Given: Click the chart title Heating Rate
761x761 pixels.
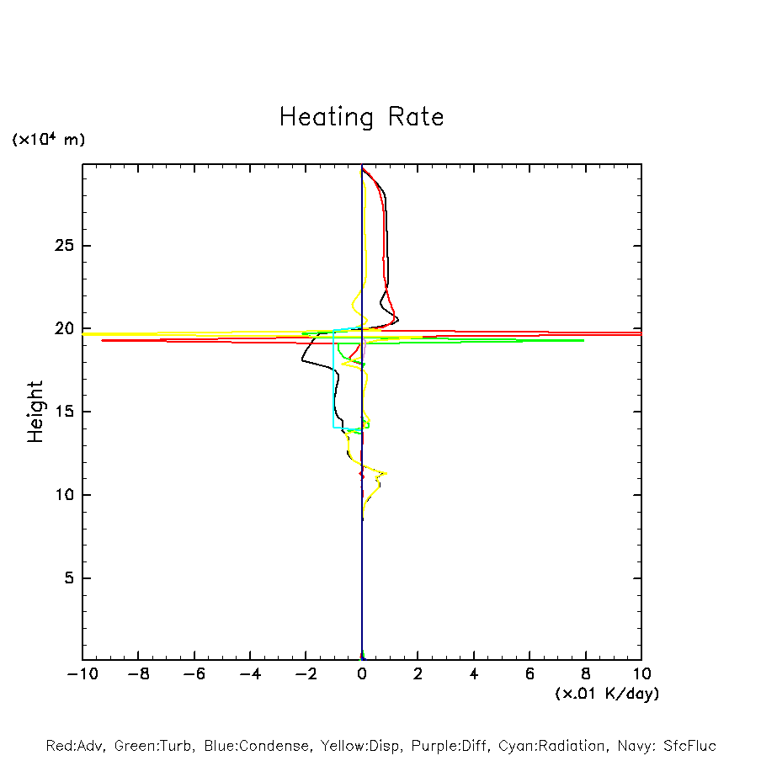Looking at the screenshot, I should pos(361,117).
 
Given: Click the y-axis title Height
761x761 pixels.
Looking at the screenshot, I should pos(35,412).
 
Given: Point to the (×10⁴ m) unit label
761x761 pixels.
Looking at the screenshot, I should pos(48,140).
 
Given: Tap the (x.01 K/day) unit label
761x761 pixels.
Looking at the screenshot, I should pos(606,694).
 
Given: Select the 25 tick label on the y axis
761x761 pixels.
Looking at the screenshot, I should pos(65,246).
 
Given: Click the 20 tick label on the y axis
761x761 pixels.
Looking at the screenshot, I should pos(65,329).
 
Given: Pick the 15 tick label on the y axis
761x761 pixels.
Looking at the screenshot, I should pos(65,412).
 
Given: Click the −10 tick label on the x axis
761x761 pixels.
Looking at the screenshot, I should pos(81,674).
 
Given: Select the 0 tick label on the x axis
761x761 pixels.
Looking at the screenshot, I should pos(362,674).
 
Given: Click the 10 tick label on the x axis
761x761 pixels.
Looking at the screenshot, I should pos(641,674).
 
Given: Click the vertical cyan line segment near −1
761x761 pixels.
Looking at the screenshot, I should pos(333,379).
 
